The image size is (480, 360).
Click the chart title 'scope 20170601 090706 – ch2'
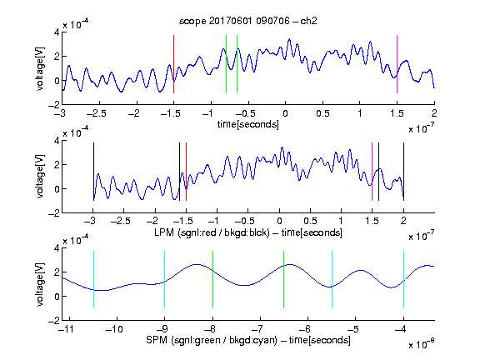tap(248, 21)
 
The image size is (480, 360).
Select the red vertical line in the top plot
tap(173, 64)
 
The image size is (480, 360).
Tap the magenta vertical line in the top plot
tap(397, 64)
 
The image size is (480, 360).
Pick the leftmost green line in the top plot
tap(226, 63)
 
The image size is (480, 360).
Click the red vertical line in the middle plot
tap(186, 172)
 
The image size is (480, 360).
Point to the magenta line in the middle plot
tap(372, 172)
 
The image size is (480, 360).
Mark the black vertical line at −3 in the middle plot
tap(93, 172)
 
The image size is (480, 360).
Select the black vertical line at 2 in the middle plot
tap(403, 172)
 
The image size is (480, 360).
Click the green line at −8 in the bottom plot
tap(212, 279)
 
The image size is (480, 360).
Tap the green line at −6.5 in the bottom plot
tap(284, 279)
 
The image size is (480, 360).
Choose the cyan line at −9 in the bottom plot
tap(164, 279)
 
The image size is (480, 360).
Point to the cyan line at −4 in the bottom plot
tap(403, 279)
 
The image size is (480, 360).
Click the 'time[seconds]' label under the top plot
tap(248, 125)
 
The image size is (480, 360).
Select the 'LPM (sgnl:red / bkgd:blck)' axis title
tap(212, 232)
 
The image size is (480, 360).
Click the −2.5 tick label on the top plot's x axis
tap(96, 113)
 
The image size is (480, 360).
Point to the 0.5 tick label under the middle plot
tap(310, 222)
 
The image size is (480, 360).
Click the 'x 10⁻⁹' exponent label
tap(421, 344)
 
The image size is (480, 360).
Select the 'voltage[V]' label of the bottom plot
tap(40, 284)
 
